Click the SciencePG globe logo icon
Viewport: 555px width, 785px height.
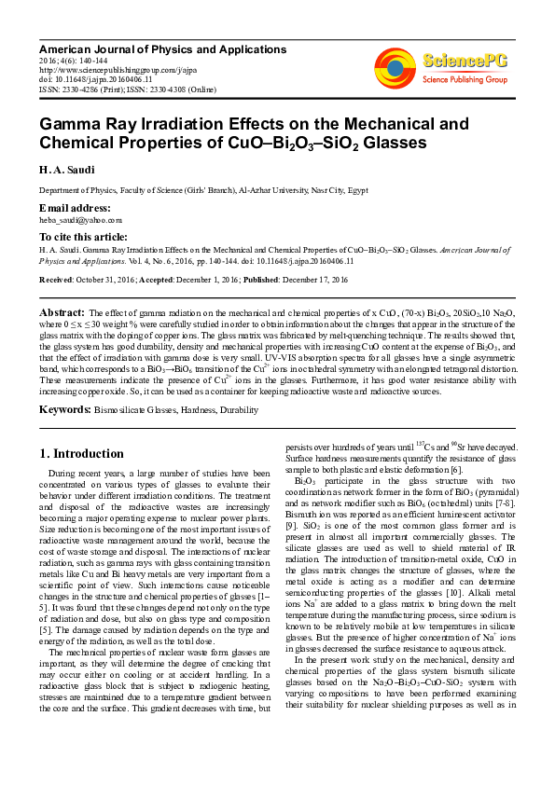(395, 66)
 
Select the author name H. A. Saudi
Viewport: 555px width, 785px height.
(64, 170)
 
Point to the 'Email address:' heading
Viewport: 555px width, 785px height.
(75, 207)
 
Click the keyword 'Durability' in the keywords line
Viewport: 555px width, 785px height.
(241, 410)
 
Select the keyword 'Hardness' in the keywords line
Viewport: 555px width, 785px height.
(196, 410)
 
